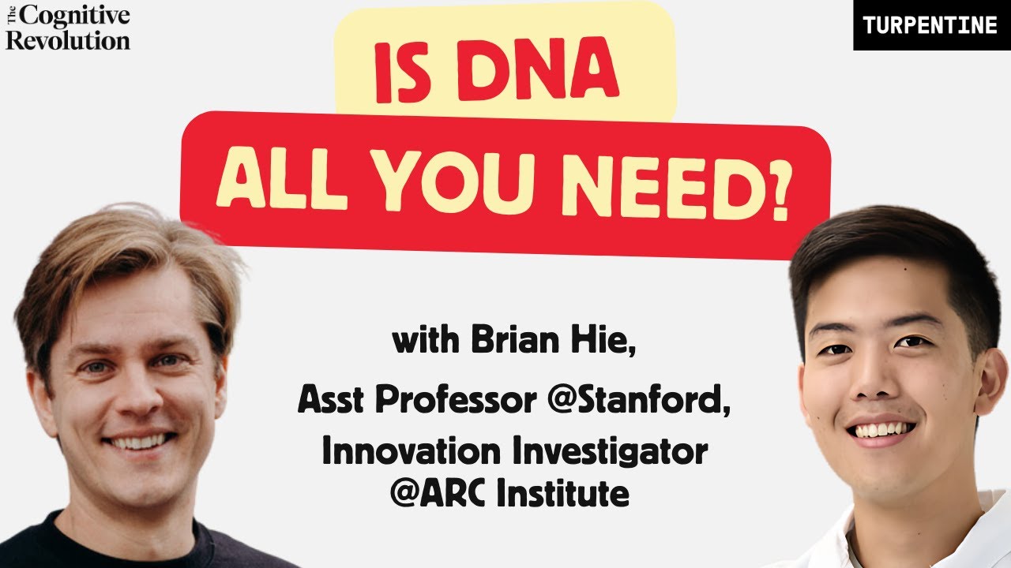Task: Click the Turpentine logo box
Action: click(931, 25)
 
